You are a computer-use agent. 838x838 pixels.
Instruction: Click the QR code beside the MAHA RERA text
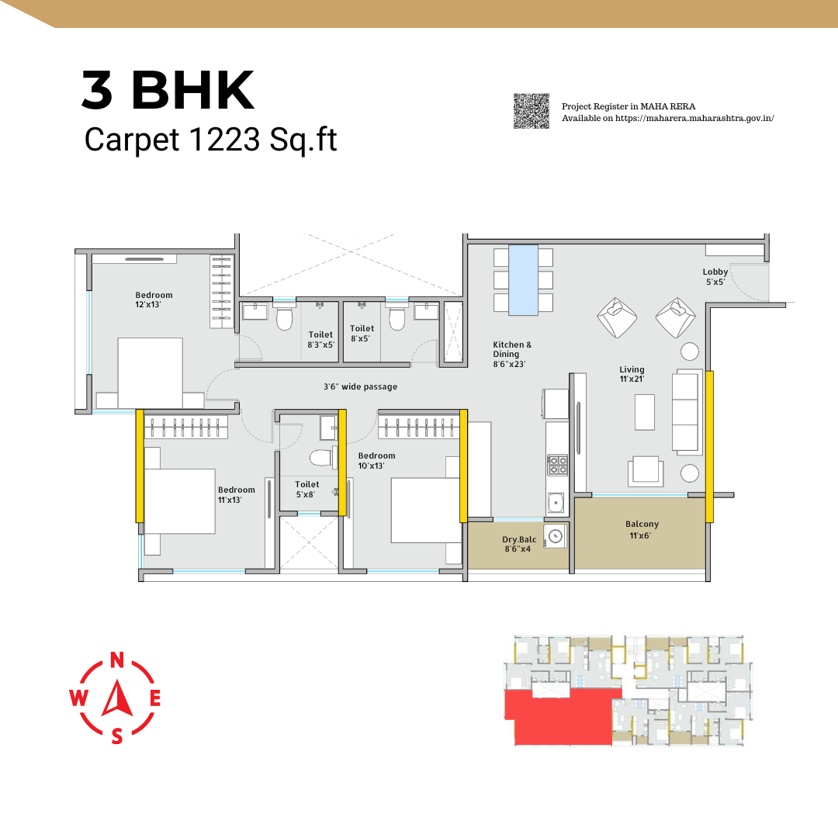click(x=532, y=111)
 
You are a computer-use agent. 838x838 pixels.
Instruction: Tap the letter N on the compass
click(x=117, y=660)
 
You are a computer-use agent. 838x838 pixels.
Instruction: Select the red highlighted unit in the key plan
click(x=563, y=717)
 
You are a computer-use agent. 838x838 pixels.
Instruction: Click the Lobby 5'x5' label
click(x=715, y=277)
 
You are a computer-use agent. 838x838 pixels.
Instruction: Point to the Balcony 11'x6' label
click(x=642, y=530)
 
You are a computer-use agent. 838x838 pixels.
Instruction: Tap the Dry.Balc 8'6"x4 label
click(x=519, y=544)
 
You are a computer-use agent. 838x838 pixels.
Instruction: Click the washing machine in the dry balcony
click(x=556, y=536)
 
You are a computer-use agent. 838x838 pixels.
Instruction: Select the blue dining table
click(x=523, y=279)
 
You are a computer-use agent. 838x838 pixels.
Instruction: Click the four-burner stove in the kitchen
click(x=557, y=465)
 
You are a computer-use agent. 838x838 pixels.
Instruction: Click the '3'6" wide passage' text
click(x=360, y=386)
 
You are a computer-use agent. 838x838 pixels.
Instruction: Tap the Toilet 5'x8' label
click(x=306, y=489)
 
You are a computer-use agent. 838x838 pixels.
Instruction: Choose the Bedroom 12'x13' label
click(x=154, y=300)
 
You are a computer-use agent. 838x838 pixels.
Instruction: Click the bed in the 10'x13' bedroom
click(x=426, y=511)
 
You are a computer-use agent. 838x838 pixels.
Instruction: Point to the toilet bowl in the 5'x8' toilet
click(x=320, y=458)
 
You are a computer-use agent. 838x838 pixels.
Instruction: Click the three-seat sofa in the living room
click(x=687, y=411)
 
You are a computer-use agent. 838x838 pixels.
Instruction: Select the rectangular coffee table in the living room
click(x=645, y=412)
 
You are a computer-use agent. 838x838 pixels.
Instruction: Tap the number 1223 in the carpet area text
click(x=224, y=140)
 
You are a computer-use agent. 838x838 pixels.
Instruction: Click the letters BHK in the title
click(x=193, y=90)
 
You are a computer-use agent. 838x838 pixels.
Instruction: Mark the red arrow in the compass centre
click(x=118, y=698)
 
